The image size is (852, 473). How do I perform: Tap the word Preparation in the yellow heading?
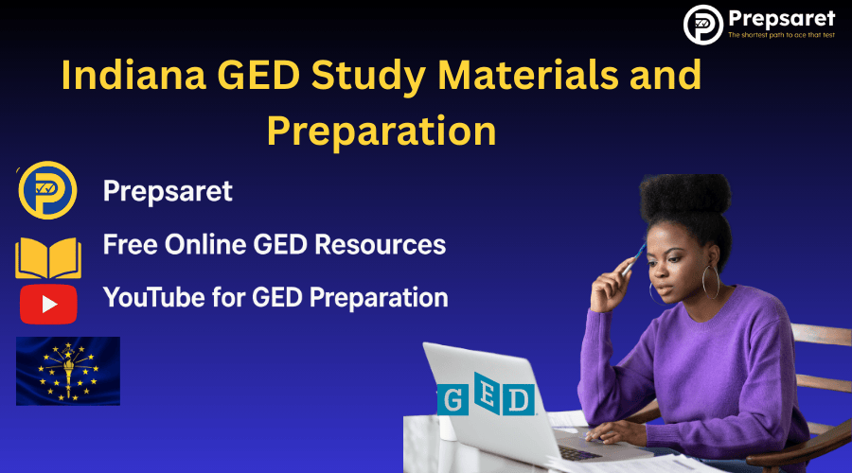pyautogui.click(x=381, y=131)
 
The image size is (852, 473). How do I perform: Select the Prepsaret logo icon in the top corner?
pyautogui.click(x=702, y=25)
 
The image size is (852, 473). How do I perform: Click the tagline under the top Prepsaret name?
pyautogui.click(x=781, y=36)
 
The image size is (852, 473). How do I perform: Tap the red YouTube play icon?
pyautogui.click(x=47, y=304)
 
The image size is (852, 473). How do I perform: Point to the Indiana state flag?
pyautogui.click(x=68, y=371)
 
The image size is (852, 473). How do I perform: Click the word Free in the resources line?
pyautogui.click(x=128, y=244)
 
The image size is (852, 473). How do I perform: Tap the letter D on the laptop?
pyautogui.click(x=519, y=398)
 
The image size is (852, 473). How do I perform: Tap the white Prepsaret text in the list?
pyautogui.click(x=168, y=192)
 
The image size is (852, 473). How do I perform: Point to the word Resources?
pyautogui.click(x=382, y=244)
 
